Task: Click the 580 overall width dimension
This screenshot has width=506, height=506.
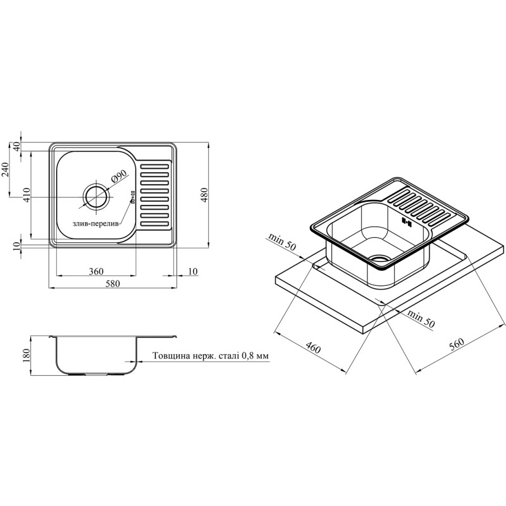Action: pyautogui.click(x=113, y=283)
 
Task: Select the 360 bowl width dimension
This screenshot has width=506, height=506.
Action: pyautogui.click(x=96, y=271)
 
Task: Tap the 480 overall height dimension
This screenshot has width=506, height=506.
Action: pyautogui.click(x=205, y=195)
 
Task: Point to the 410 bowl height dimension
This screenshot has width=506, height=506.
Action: pyautogui.click(x=27, y=195)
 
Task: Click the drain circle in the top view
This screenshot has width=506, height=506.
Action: pyautogui.click(x=96, y=197)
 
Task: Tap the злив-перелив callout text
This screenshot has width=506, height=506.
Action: pyautogui.click(x=96, y=224)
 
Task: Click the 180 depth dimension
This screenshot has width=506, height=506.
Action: pyautogui.click(x=27, y=355)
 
